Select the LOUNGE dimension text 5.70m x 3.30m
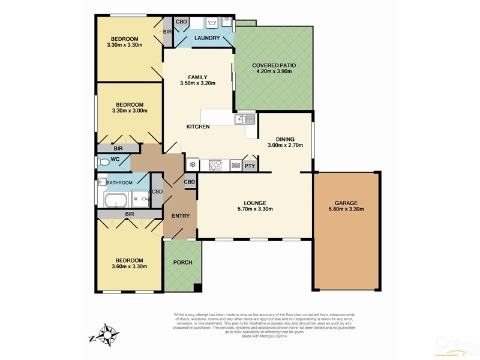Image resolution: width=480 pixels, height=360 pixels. point(254,209)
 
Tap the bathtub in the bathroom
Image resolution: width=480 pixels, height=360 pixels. point(116,200)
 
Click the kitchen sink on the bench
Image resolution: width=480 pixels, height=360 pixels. point(245,120)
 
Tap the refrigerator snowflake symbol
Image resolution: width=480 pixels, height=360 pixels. point(193,165)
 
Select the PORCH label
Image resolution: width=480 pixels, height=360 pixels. point(182,263)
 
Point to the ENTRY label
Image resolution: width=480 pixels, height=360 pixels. point(181,216)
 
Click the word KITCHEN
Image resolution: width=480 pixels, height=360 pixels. point(198,127)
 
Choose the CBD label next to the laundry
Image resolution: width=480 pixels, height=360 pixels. point(182,22)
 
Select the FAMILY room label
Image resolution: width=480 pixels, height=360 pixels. point(197,77)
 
